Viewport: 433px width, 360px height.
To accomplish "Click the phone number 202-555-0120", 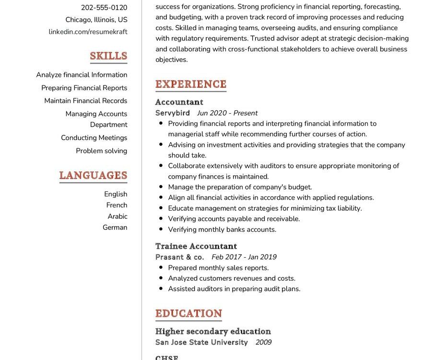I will (x=104, y=8).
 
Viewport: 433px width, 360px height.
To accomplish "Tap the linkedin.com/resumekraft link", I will (x=88, y=32).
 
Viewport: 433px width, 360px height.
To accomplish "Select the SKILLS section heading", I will (x=108, y=56).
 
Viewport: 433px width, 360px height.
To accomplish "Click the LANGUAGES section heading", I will (x=93, y=175).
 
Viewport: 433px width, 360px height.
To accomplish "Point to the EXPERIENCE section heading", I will (x=190, y=84).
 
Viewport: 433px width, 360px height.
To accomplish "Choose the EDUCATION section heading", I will (x=188, y=313).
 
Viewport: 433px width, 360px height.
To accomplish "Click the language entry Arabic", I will (x=117, y=216).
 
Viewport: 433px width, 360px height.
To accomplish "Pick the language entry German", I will (x=115, y=228).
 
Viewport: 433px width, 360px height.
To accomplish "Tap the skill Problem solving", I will (x=102, y=151).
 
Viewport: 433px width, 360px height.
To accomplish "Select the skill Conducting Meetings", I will (x=94, y=138).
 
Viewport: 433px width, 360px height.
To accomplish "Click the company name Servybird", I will (x=173, y=113).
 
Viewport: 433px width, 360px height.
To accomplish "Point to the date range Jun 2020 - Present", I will (x=227, y=113).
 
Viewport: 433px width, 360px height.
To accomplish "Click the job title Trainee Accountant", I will (x=196, y=246).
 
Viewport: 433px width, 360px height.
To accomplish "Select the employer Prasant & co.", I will (x=180, y=257).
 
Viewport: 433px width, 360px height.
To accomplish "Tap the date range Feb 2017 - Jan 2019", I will (x=244, y=257).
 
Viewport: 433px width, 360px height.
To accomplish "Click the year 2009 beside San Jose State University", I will (x=263, y=343).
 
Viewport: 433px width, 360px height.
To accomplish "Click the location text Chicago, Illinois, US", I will (x=96, y=20).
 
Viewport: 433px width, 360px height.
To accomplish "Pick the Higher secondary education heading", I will (x=213, y=332).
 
